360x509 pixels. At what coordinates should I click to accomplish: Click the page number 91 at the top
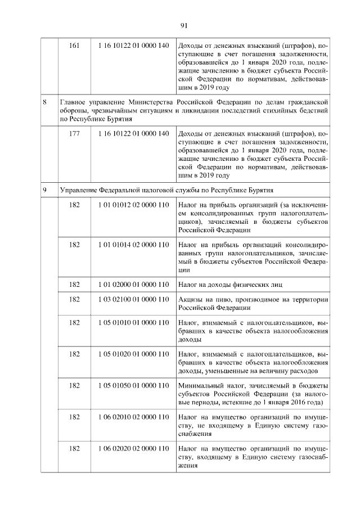coord(184,25)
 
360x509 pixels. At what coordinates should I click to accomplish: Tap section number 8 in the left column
coord(44,102)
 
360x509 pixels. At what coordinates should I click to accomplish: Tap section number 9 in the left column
coord(44,190)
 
